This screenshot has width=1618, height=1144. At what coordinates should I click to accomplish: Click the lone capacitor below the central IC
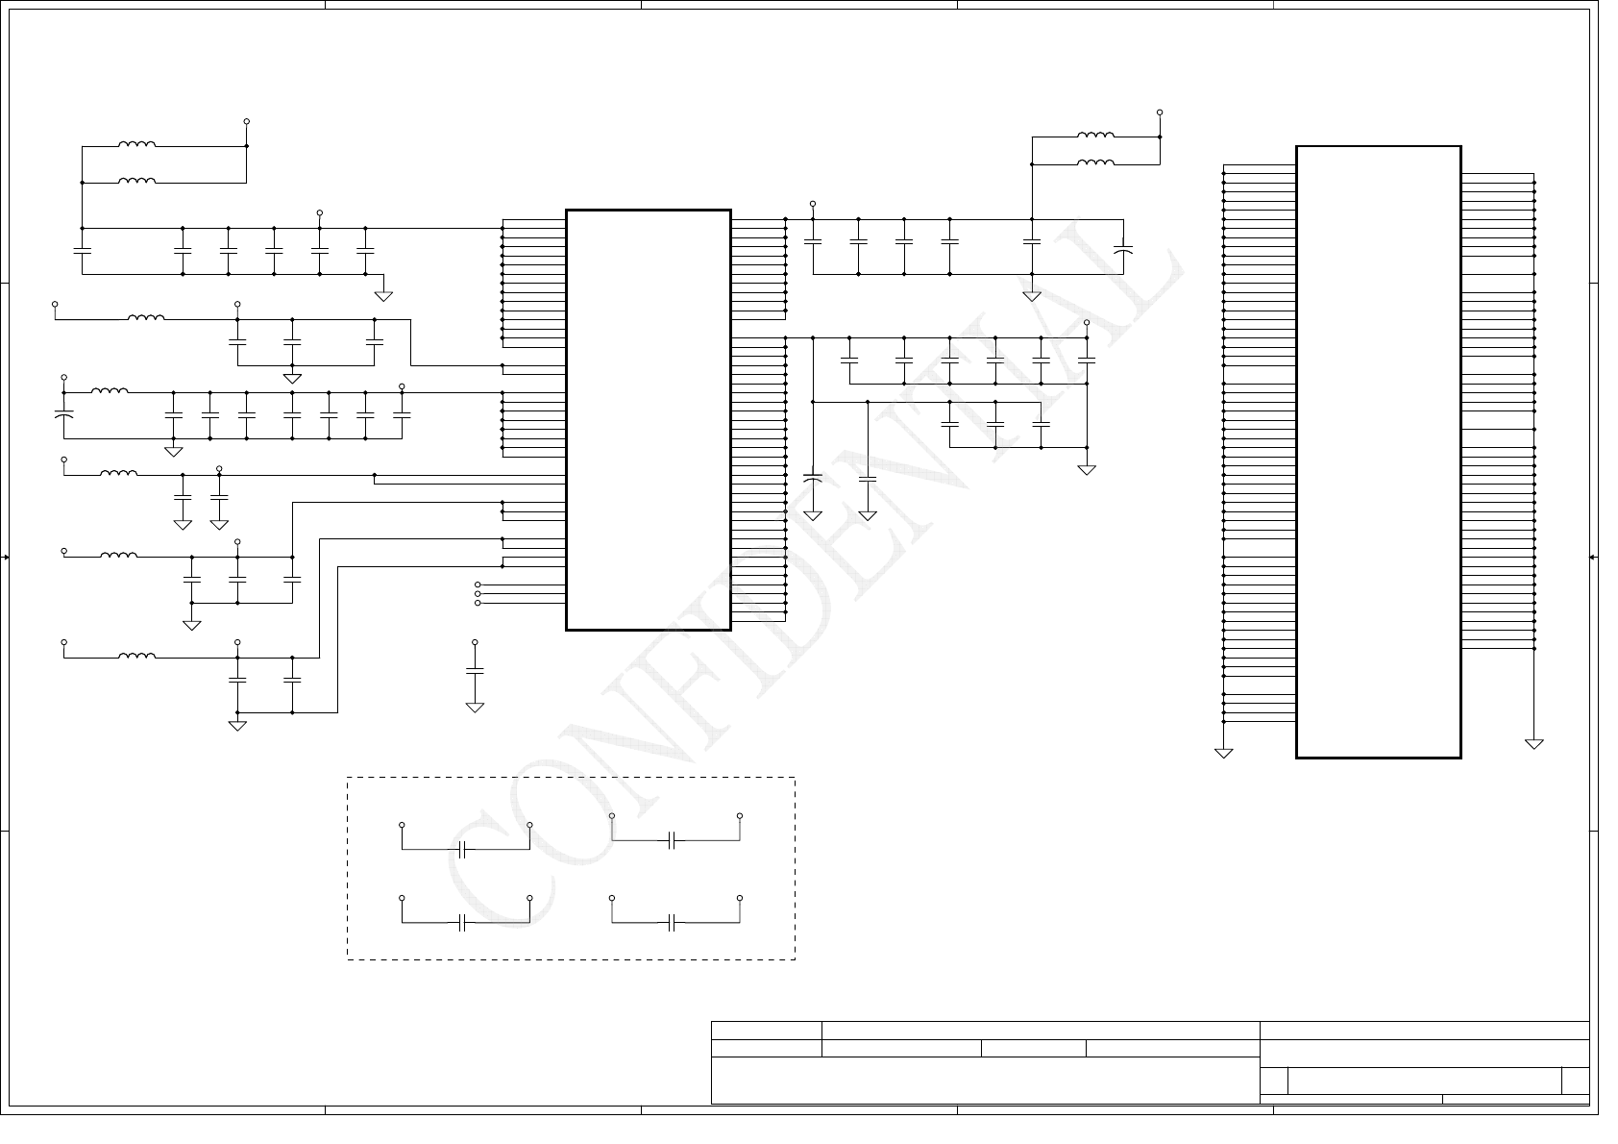tap(480, 680)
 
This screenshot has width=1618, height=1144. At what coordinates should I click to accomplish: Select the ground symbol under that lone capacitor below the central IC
tap(480, 715)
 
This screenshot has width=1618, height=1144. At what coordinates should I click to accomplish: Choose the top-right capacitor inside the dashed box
tap(679, 850)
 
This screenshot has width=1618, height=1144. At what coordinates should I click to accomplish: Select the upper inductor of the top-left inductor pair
tap(138, 146)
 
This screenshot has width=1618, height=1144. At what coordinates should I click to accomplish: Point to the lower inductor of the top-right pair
tap(1109, 164)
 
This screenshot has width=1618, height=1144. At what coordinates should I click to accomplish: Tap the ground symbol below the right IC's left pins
tap(1238, 761)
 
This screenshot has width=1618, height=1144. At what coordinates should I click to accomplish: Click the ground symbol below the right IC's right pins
tap(1553, 753)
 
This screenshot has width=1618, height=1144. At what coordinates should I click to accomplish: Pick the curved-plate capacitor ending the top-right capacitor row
tap(1137, 252)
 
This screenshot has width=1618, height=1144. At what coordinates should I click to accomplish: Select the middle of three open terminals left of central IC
tap(482, 601)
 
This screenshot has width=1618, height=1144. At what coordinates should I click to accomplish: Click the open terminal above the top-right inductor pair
tap(1173, 113)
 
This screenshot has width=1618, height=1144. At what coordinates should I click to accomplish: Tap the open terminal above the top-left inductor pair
tap(249, 123)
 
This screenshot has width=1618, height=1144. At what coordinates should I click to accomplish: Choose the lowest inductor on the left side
tap(138, 664)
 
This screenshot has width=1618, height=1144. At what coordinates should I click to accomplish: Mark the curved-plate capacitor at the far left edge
tap(64, 421)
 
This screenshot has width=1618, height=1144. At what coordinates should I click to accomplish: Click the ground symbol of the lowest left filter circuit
tap(240, 734)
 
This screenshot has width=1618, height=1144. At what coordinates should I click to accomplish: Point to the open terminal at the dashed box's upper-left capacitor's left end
tap(406, 834)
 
